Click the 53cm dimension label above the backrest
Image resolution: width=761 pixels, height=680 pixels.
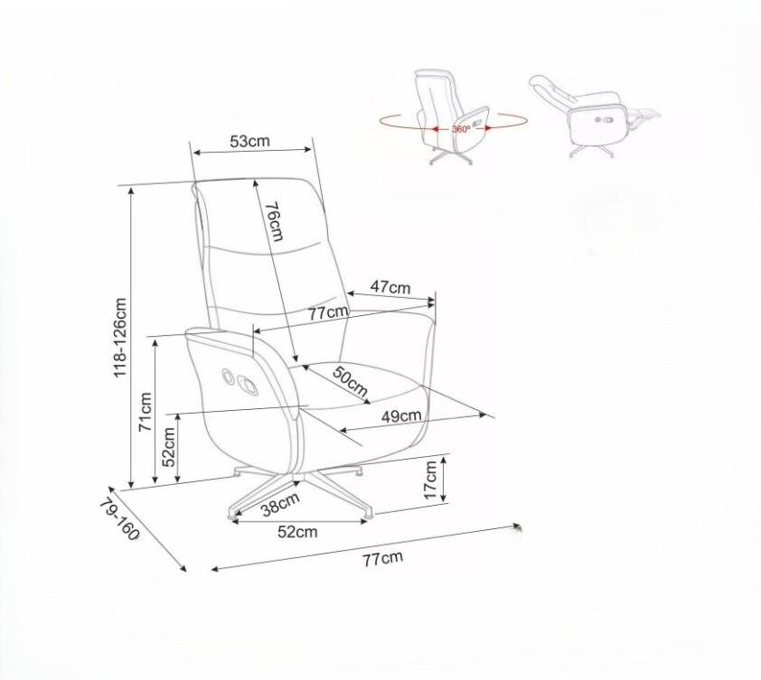tap(249, 141)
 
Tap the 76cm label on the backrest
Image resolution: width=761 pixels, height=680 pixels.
tap(274, 221)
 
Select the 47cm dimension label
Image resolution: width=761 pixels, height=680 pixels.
tap(390, 287)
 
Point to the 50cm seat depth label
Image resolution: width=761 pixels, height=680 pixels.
tap(350, 381)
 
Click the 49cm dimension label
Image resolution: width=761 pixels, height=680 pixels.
tap(401, 415)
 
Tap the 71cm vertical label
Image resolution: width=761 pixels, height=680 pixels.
tap(146, 412)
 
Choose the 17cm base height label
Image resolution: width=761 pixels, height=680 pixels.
tap(430, 480)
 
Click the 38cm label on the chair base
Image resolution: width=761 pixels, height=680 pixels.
tap(279, 504)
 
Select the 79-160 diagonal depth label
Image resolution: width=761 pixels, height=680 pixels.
tap(119, 519)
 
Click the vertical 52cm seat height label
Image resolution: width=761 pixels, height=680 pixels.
tap(168, 447)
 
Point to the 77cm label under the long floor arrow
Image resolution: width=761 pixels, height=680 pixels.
tap(383, 558)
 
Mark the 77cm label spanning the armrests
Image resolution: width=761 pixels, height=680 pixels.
tap(329, 312)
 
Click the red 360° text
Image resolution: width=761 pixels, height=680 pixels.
tap(461, 129)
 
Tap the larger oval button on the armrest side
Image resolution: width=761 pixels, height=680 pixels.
tap(248, 386)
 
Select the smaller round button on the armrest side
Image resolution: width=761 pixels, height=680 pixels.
tap(227, 376)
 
